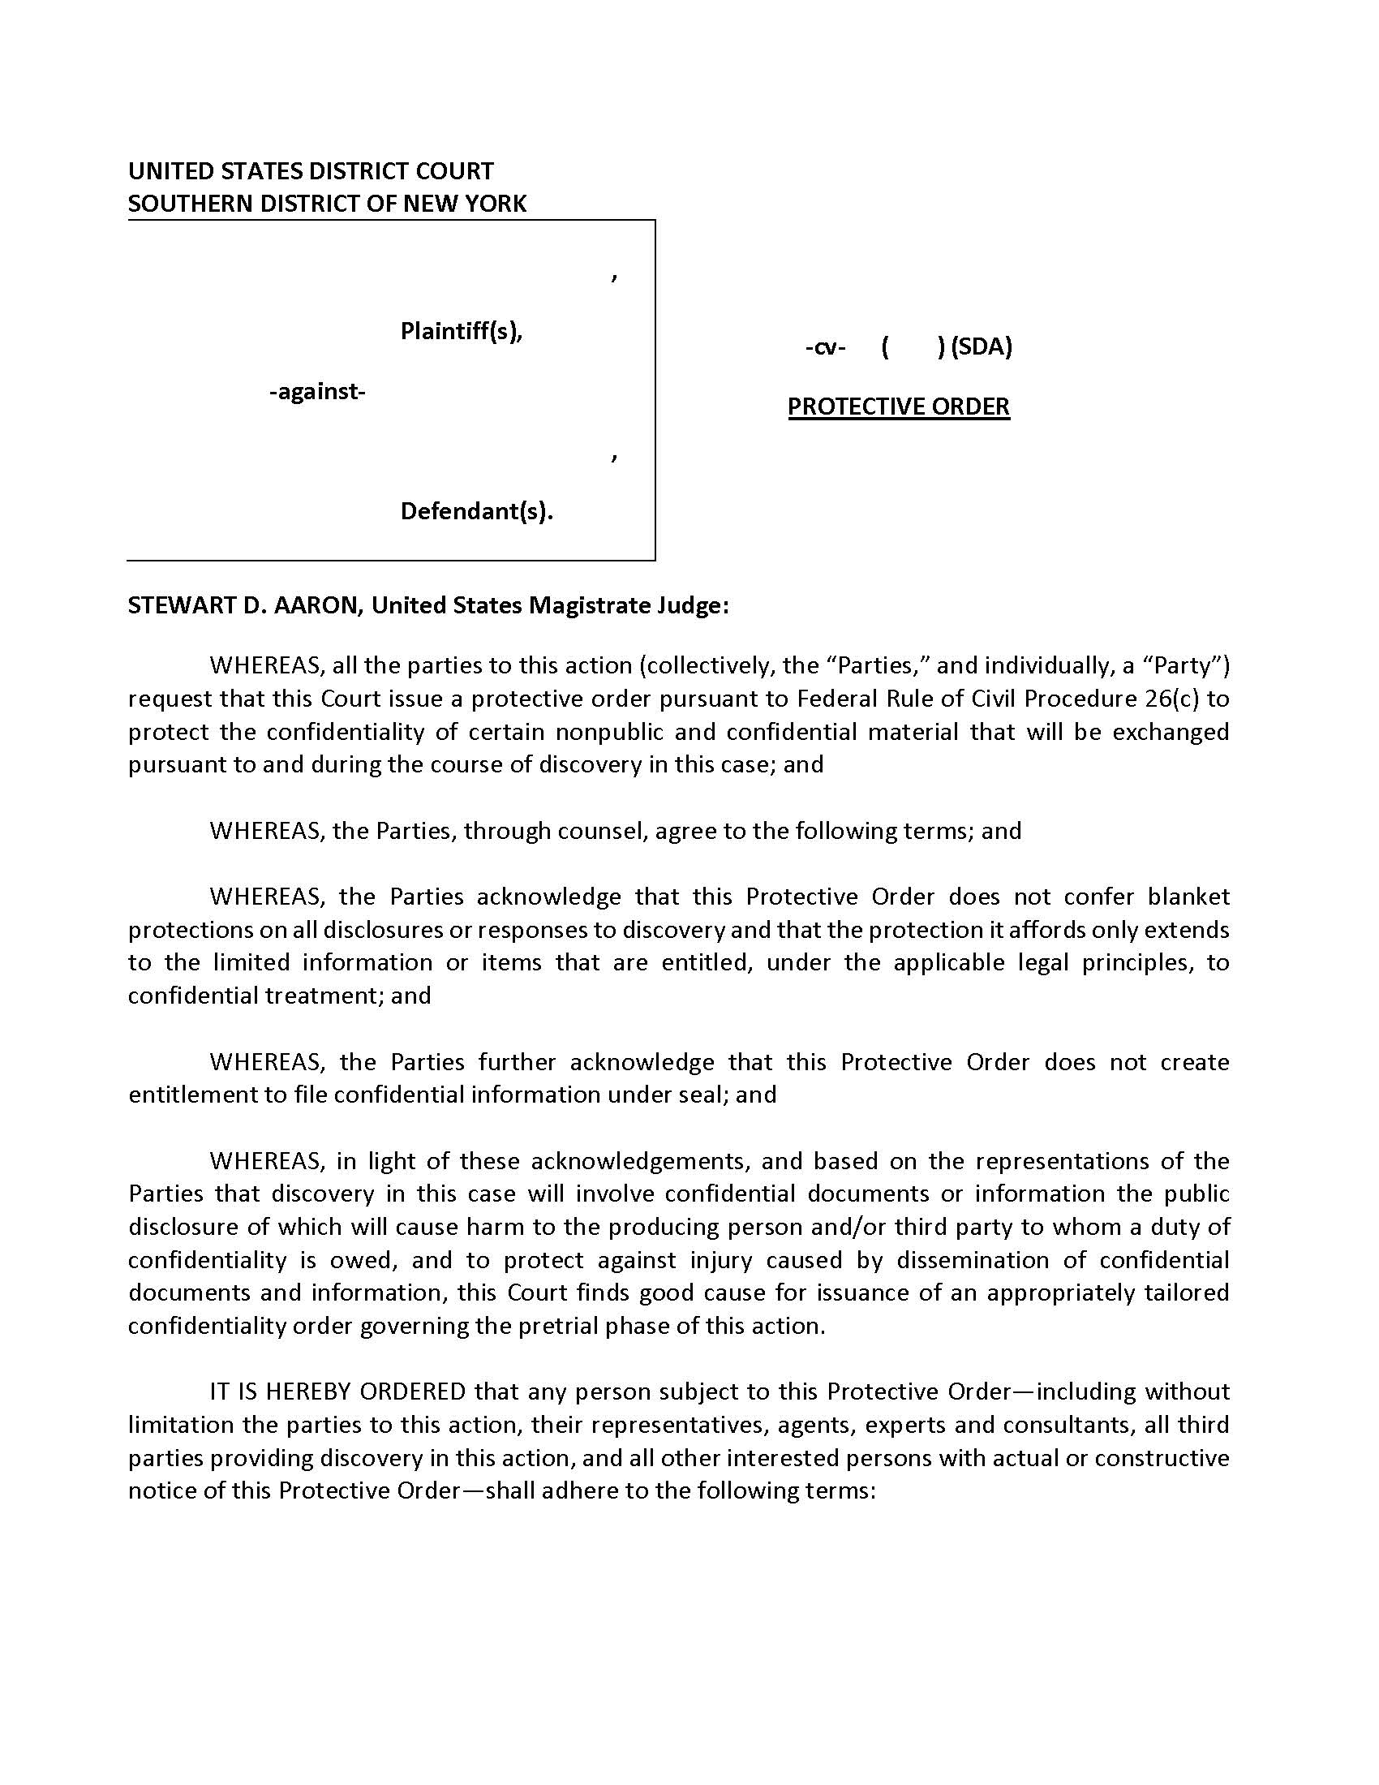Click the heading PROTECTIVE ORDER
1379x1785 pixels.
(x=898, y=406)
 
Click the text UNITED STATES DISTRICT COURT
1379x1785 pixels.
(x=311, y=171)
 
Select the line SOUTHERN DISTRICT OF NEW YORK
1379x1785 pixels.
(x=327, y=204)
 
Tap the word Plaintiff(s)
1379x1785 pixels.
(x=461, y=331)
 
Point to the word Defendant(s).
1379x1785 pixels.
(x=476, y=512)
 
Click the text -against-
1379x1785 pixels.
(x=317, y=392)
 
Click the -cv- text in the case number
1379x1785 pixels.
(x=824, y=347)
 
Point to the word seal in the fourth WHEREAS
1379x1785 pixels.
(x=704, y=1095)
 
